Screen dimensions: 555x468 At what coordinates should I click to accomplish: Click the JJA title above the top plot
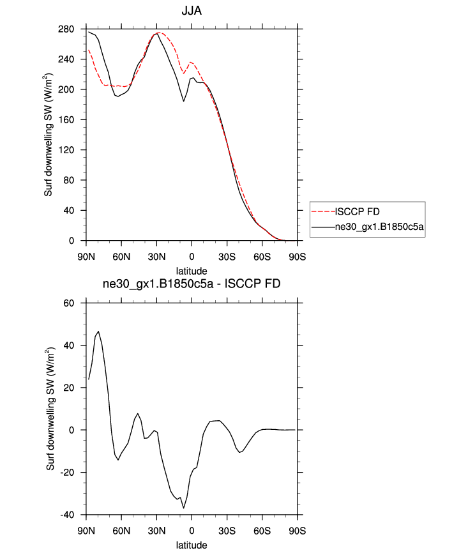(192, 11)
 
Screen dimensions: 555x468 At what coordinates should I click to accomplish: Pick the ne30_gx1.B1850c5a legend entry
(380, 227)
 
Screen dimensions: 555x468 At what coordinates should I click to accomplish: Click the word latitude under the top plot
(192, 271)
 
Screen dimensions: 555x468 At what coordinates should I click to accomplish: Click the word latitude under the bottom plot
(192, 545)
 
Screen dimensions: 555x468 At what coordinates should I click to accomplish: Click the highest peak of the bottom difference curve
(98, 331)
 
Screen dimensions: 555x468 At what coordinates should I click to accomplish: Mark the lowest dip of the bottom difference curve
(184, 508)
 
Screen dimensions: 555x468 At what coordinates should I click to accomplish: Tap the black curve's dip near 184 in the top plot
(184, 101)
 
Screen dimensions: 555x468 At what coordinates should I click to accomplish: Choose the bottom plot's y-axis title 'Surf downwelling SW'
(49, 409)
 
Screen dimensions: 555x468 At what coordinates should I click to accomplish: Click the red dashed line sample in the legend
(323, 210)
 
